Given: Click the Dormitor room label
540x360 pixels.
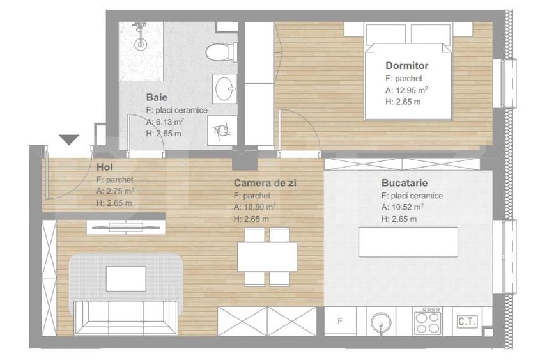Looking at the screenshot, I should (406, 65).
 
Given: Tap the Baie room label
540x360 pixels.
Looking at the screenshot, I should (157, 98).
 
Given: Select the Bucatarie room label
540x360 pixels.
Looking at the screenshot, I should (404, 182).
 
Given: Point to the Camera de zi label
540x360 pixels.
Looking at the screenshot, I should (265, 182).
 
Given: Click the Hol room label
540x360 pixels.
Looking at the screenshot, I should (105, 168).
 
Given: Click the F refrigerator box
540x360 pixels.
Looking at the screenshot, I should (340, 321).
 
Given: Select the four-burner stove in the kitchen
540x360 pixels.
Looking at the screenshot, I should (427, 321).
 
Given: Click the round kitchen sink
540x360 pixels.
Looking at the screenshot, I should (382, 320).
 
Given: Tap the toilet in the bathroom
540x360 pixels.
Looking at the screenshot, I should (221, 51).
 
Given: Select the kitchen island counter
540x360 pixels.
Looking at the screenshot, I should (408, 242).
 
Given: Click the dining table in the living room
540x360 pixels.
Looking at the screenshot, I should (266, 256).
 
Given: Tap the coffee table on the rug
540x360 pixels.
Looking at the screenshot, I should (126, 278).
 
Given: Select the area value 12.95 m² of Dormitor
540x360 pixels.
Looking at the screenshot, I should (408, 90).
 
